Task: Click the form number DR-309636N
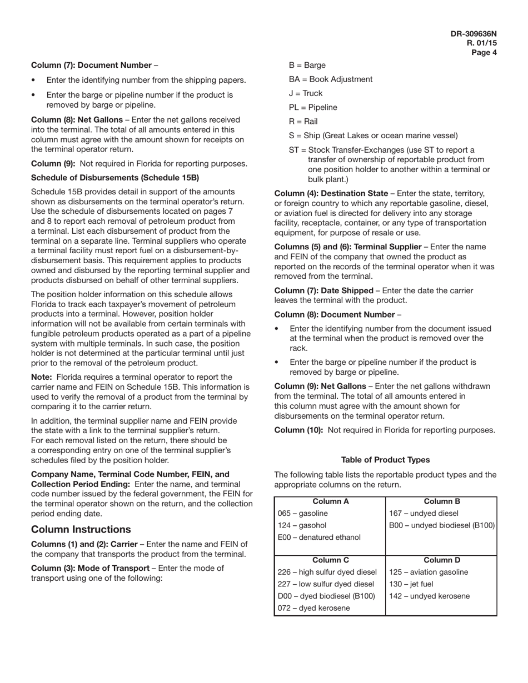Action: click(x=474, y=34)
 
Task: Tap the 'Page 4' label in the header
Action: click(x=484, y=53)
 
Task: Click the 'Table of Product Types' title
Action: click(x=385, y=460)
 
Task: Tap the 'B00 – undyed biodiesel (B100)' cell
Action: click(x=442, y=525)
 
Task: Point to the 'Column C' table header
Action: click(x=330, y=560)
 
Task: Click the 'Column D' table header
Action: click(x=442, y=560)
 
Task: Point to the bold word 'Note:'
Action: click(x=42, y=377)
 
